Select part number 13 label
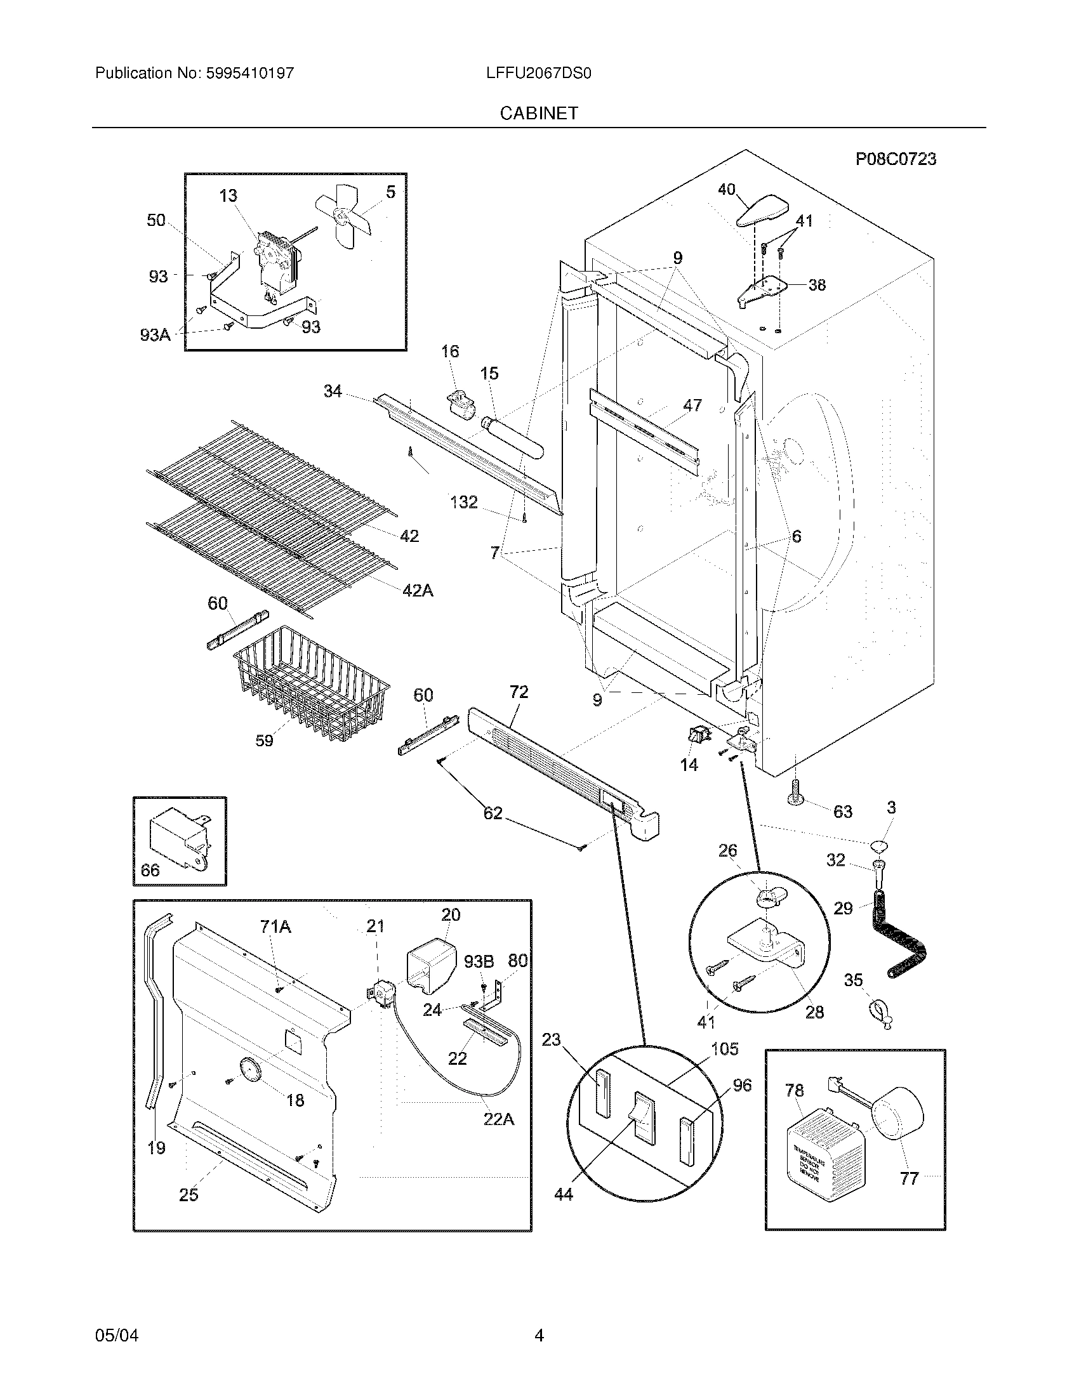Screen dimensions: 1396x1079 tap(228, 195)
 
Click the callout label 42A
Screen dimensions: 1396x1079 tap(418, 591)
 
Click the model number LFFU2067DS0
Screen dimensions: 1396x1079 tap(538, 74)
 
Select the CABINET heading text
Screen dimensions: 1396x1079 tap(539, 113)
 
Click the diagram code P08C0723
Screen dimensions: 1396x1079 tap(896, 159)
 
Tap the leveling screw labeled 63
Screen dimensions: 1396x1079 tap(797, 793)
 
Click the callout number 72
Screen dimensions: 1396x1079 tap(519, 692)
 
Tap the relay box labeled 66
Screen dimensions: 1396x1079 tap(179, 836)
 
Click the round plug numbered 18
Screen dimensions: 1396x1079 tap(249, 1070)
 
